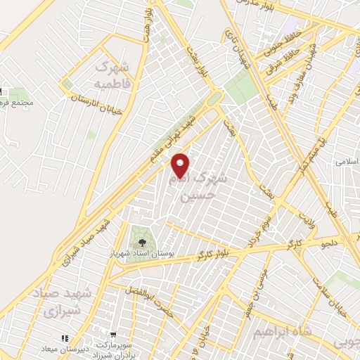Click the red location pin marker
pyautogui.click(x=181, y=165)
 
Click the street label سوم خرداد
pyautogui.click(x=257, y=233)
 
